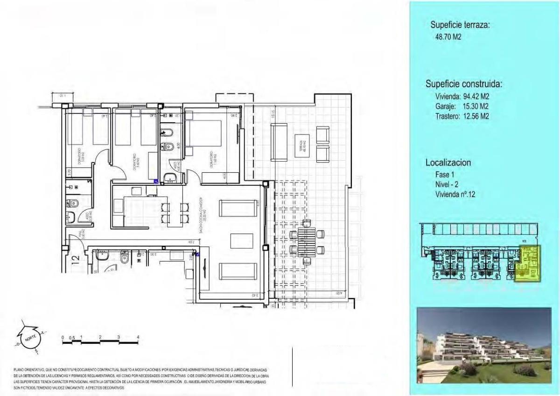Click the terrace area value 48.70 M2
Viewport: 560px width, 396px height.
click(x=448, y=37)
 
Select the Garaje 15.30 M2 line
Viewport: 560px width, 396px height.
click(x=462, y=106)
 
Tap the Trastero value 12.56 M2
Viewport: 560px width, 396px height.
click(x=462, y=116)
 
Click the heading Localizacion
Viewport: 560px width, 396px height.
click(x=448, y=163)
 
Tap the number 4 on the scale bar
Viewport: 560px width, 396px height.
click(x=138, y=337)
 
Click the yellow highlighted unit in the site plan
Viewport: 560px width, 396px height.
click(x=527, y=264)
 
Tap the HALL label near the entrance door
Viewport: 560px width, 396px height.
click(x=82, y=234)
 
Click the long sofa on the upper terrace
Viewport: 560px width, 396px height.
click(x=279, y=142)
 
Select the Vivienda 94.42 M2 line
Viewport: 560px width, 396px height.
click(x=462, y=97)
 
